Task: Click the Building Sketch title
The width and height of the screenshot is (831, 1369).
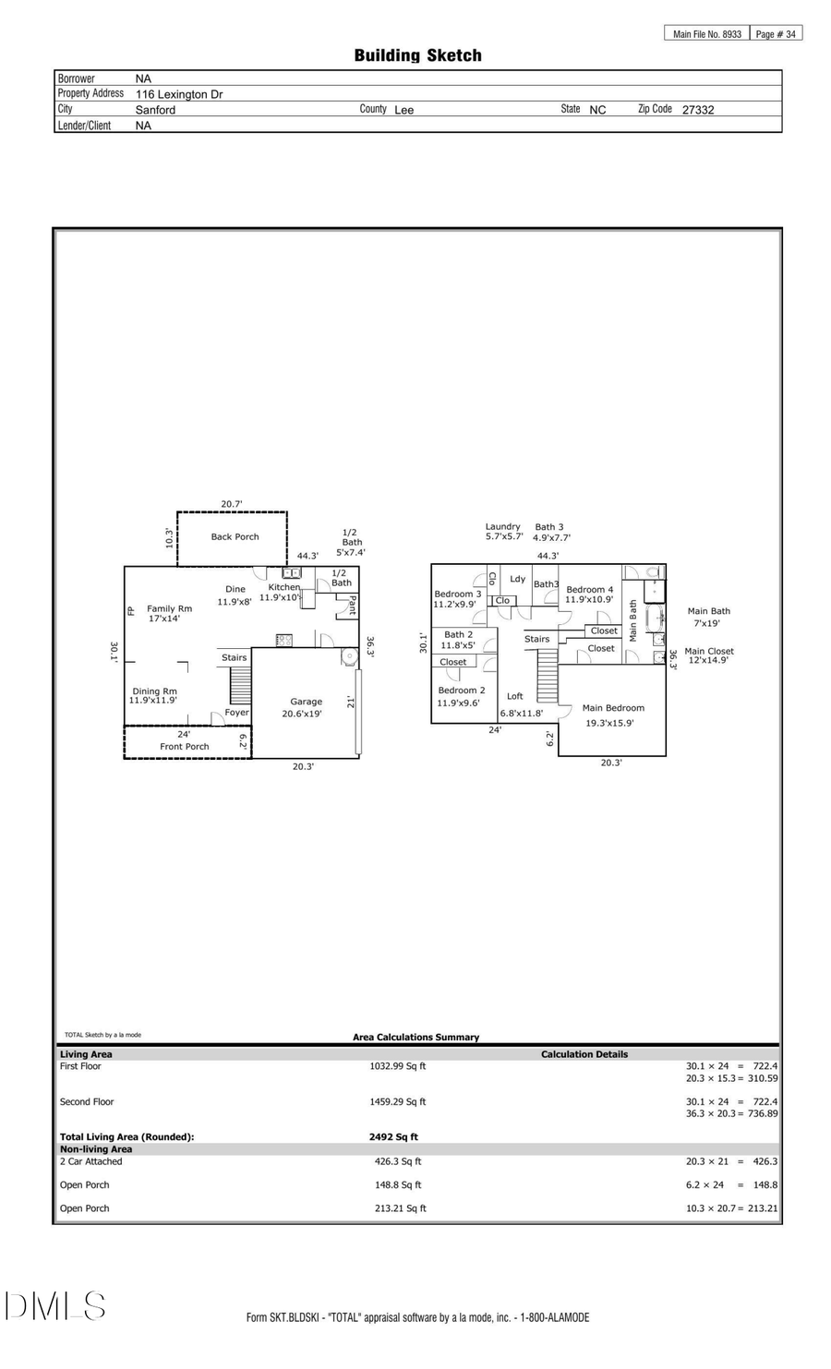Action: pyautogui.click(x=417, y=55)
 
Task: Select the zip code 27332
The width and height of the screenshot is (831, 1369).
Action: pyautogui.click(x=697, y=110)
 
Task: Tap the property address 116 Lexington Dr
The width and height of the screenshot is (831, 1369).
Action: pyautogui.click(x=179, y=94)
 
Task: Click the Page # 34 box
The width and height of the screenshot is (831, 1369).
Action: pyautogui.click(x=776, y=34)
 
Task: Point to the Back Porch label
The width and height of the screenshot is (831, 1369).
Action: pyautogui.click(x=235, y=536)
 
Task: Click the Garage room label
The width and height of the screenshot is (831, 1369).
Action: pyautogui.click(x=306, y=702)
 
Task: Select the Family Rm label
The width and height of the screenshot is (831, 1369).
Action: pyautogui.click(x=169, y=608)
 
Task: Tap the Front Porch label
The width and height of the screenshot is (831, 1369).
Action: pyautogui.click(x=185, y=747)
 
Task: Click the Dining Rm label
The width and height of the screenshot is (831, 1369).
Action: pyautogui.click(x=154, y=691)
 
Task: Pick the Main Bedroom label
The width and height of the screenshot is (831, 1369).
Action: pyautogui.click(x=613, y=708)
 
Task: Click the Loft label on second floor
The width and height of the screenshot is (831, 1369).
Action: pyautogui.click(x=514, y=696)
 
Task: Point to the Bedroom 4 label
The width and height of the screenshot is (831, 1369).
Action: pyautogui.click(x=589, y=589)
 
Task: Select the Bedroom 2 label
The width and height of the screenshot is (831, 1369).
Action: pyautogui.click(x=461, y=691)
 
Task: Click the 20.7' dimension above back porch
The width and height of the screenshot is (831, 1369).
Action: pyautogui.click(x=232, y=504)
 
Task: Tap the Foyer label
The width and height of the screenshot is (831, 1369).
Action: pyautogui.click(x=236, y=713)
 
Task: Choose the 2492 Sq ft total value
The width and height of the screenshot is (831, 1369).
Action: pyautogui.click(x=393, y=1137)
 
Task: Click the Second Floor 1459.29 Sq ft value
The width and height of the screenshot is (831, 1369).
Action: pyautogui.click(x=397, y=1102)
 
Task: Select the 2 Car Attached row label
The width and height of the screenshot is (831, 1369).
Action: pyautogui.click(x=90, y=1161)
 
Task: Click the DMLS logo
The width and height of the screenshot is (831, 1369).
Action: pyautogui.click(x=54, y=1306)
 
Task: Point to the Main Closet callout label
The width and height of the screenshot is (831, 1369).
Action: pyautogui.click(x=708, y=651)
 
